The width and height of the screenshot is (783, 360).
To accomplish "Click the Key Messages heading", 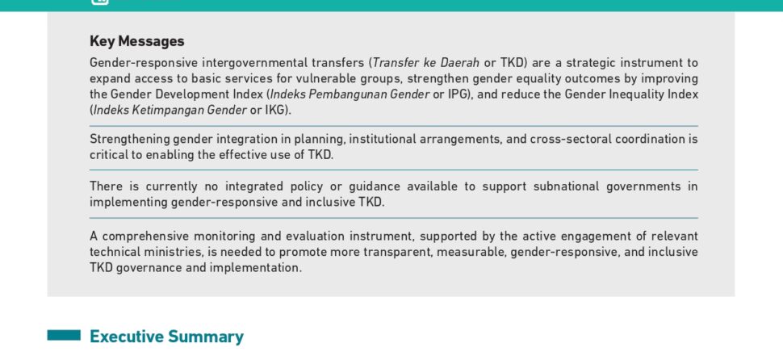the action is click(137, 41).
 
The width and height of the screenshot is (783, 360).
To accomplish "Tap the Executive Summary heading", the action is click(166, 337).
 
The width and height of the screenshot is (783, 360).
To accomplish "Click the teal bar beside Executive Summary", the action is click(64, 335).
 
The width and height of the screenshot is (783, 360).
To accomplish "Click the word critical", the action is click(109, 155).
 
